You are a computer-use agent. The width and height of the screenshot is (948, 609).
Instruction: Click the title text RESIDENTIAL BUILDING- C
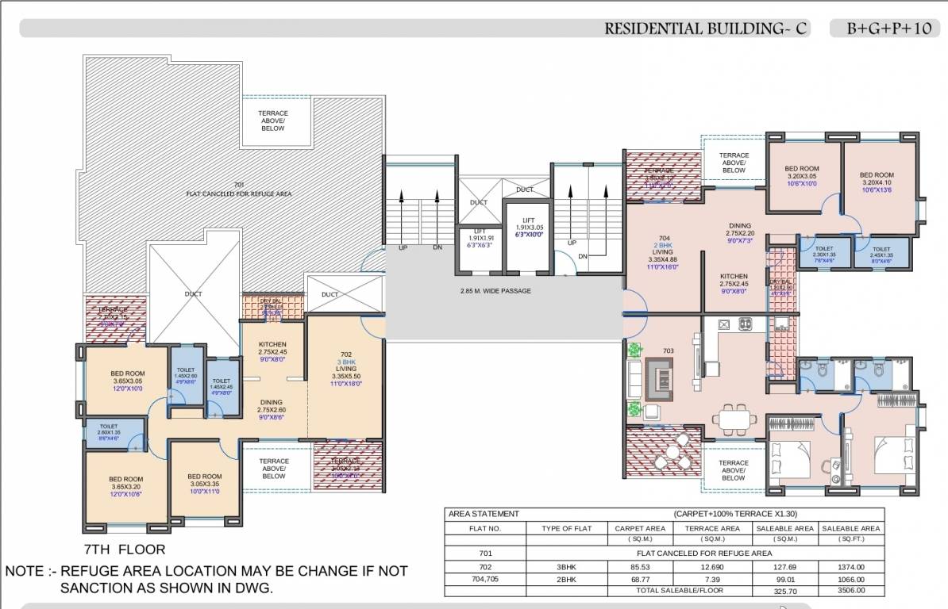tap(706, 29)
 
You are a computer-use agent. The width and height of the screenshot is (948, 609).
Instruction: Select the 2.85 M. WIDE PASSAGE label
tap(495, 291)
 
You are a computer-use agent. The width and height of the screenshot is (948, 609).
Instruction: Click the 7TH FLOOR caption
tap(125, 550)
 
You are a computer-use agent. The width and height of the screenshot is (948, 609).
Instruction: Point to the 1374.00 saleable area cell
tap(850, 567)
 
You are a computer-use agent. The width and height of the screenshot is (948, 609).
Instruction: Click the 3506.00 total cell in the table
tap(850, 591)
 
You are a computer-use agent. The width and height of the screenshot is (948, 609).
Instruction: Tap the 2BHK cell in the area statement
tap(566, 579)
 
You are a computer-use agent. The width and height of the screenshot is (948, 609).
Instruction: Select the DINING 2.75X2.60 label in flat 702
tap(272, 406)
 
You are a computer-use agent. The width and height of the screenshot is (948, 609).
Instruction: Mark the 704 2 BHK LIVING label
tap(663, 248)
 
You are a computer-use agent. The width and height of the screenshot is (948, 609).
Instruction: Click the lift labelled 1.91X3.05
tap(528, 228)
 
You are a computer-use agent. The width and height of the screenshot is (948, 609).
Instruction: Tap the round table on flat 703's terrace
tap(674, 454)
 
